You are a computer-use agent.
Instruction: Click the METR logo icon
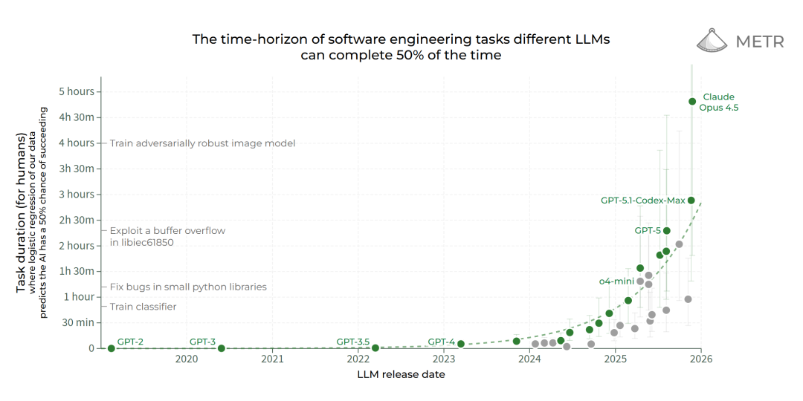click(712, 41)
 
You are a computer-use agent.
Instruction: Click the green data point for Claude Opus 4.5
click(692, 101)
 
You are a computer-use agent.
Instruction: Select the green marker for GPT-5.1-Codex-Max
click(691, 200)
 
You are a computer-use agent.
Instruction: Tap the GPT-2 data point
click(112, 348)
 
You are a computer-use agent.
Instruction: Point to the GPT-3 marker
click(222, 348)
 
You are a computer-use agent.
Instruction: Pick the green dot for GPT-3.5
click(375, 348)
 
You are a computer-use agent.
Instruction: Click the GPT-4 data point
click(461, 344)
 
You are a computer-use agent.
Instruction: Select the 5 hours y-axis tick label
click(77, 92)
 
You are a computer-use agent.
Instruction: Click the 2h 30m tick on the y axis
click(77, 220)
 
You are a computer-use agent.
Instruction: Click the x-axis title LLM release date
click(401, 374)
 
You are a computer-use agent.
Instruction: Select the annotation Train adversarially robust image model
click(202, 143)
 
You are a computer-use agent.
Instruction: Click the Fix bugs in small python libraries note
click(188, 287)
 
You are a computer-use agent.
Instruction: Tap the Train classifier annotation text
click(143, 307)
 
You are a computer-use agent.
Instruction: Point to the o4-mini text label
click(616, 281)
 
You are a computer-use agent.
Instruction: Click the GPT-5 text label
click(648, 231)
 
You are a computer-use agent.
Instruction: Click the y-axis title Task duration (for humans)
click(21, 212)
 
